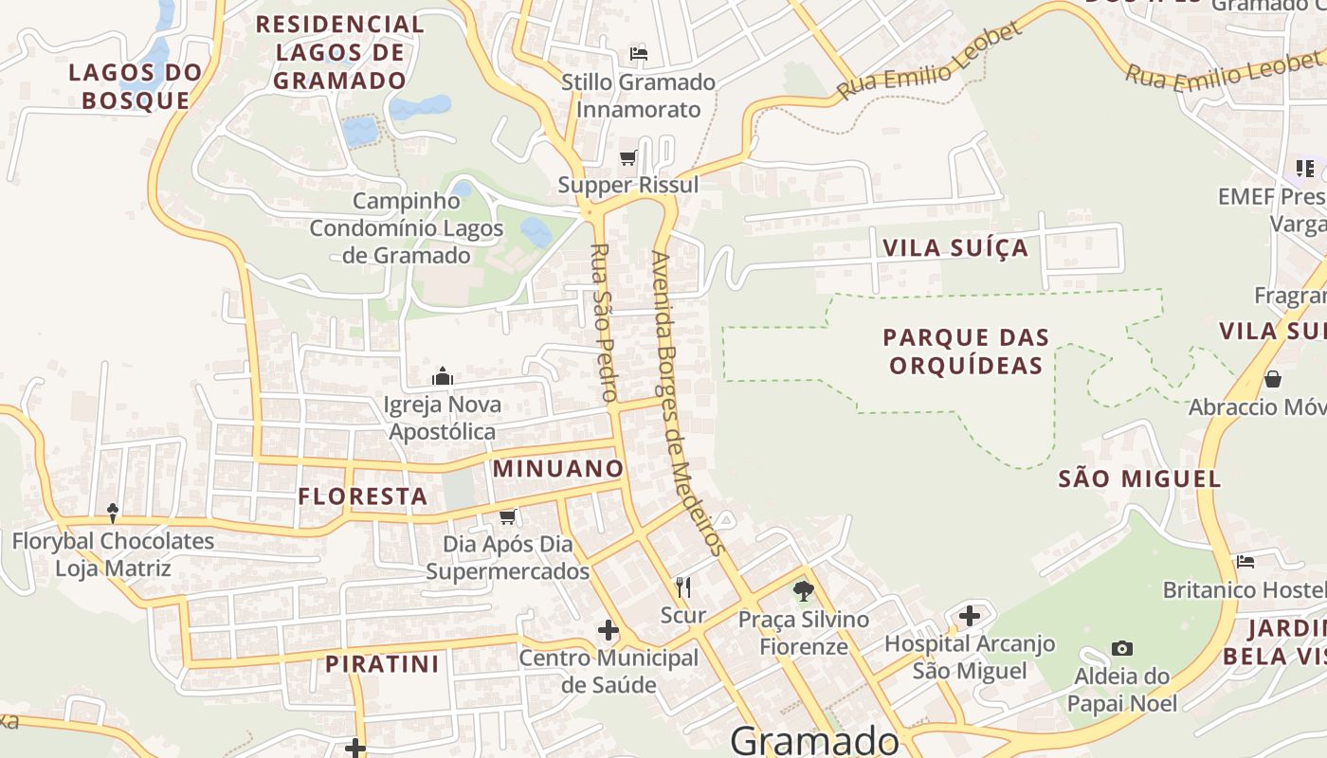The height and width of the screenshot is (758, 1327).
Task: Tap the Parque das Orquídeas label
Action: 966,352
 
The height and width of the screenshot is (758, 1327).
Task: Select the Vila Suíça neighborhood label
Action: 954,248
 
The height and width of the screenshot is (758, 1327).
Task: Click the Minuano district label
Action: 558,468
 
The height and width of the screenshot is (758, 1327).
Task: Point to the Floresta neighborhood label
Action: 362,496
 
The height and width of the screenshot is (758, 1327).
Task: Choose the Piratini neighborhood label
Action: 383,664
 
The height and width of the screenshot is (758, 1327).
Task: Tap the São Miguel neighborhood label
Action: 1139,478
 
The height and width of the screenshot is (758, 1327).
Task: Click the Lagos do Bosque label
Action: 136,86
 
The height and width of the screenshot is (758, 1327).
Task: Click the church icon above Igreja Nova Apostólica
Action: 443,377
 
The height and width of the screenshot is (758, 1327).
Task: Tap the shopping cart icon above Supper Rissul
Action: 627,158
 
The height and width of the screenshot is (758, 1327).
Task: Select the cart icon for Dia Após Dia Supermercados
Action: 507,516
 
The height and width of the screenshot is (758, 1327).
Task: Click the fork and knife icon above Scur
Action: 682,587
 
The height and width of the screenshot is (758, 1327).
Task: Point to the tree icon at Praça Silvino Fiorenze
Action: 804,592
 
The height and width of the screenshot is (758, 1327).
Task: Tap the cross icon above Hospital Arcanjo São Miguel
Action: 969,617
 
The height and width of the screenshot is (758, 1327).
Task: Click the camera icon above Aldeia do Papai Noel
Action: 1122,649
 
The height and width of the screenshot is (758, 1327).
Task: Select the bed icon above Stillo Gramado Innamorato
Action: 639,54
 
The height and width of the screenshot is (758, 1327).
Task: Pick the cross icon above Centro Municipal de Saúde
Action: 609,630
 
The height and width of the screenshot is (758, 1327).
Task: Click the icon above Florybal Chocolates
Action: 113,514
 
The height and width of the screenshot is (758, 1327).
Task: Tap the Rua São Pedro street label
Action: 604,322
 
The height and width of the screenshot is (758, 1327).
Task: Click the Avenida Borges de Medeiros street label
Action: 688,403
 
